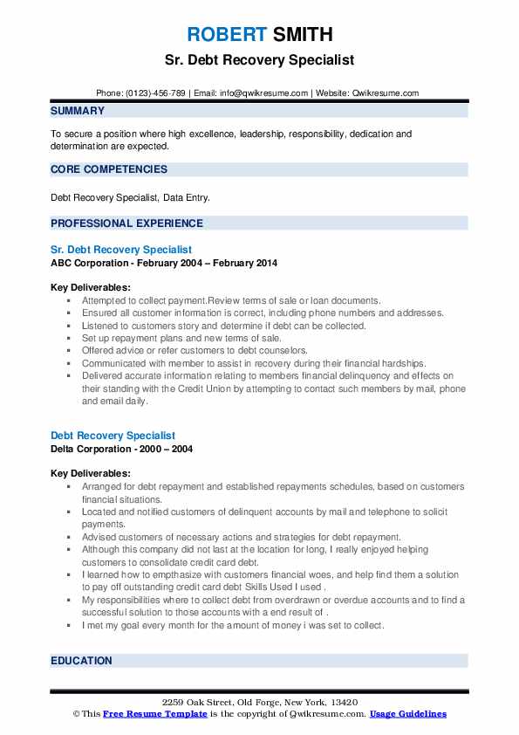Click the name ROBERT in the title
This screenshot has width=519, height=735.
click(x=226, y=36)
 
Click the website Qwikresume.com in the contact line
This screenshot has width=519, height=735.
click(x=386, y=93)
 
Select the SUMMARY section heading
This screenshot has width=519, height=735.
click(x=78, y=111)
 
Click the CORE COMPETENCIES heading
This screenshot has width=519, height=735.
click(x=109, y=168)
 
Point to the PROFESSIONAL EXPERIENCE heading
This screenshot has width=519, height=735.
click(x=126, y=223)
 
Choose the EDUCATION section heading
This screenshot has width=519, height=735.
click(x=81, y=661)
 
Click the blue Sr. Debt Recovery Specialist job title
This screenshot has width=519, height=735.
click(x=121, y=250)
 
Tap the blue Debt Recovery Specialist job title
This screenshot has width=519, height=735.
click(x=113, y=436)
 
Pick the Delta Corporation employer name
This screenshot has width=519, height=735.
click(x=94, y=449)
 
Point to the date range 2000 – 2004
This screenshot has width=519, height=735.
click(x=168, y=449)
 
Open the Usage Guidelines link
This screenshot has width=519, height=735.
click(x=408, y=714)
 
